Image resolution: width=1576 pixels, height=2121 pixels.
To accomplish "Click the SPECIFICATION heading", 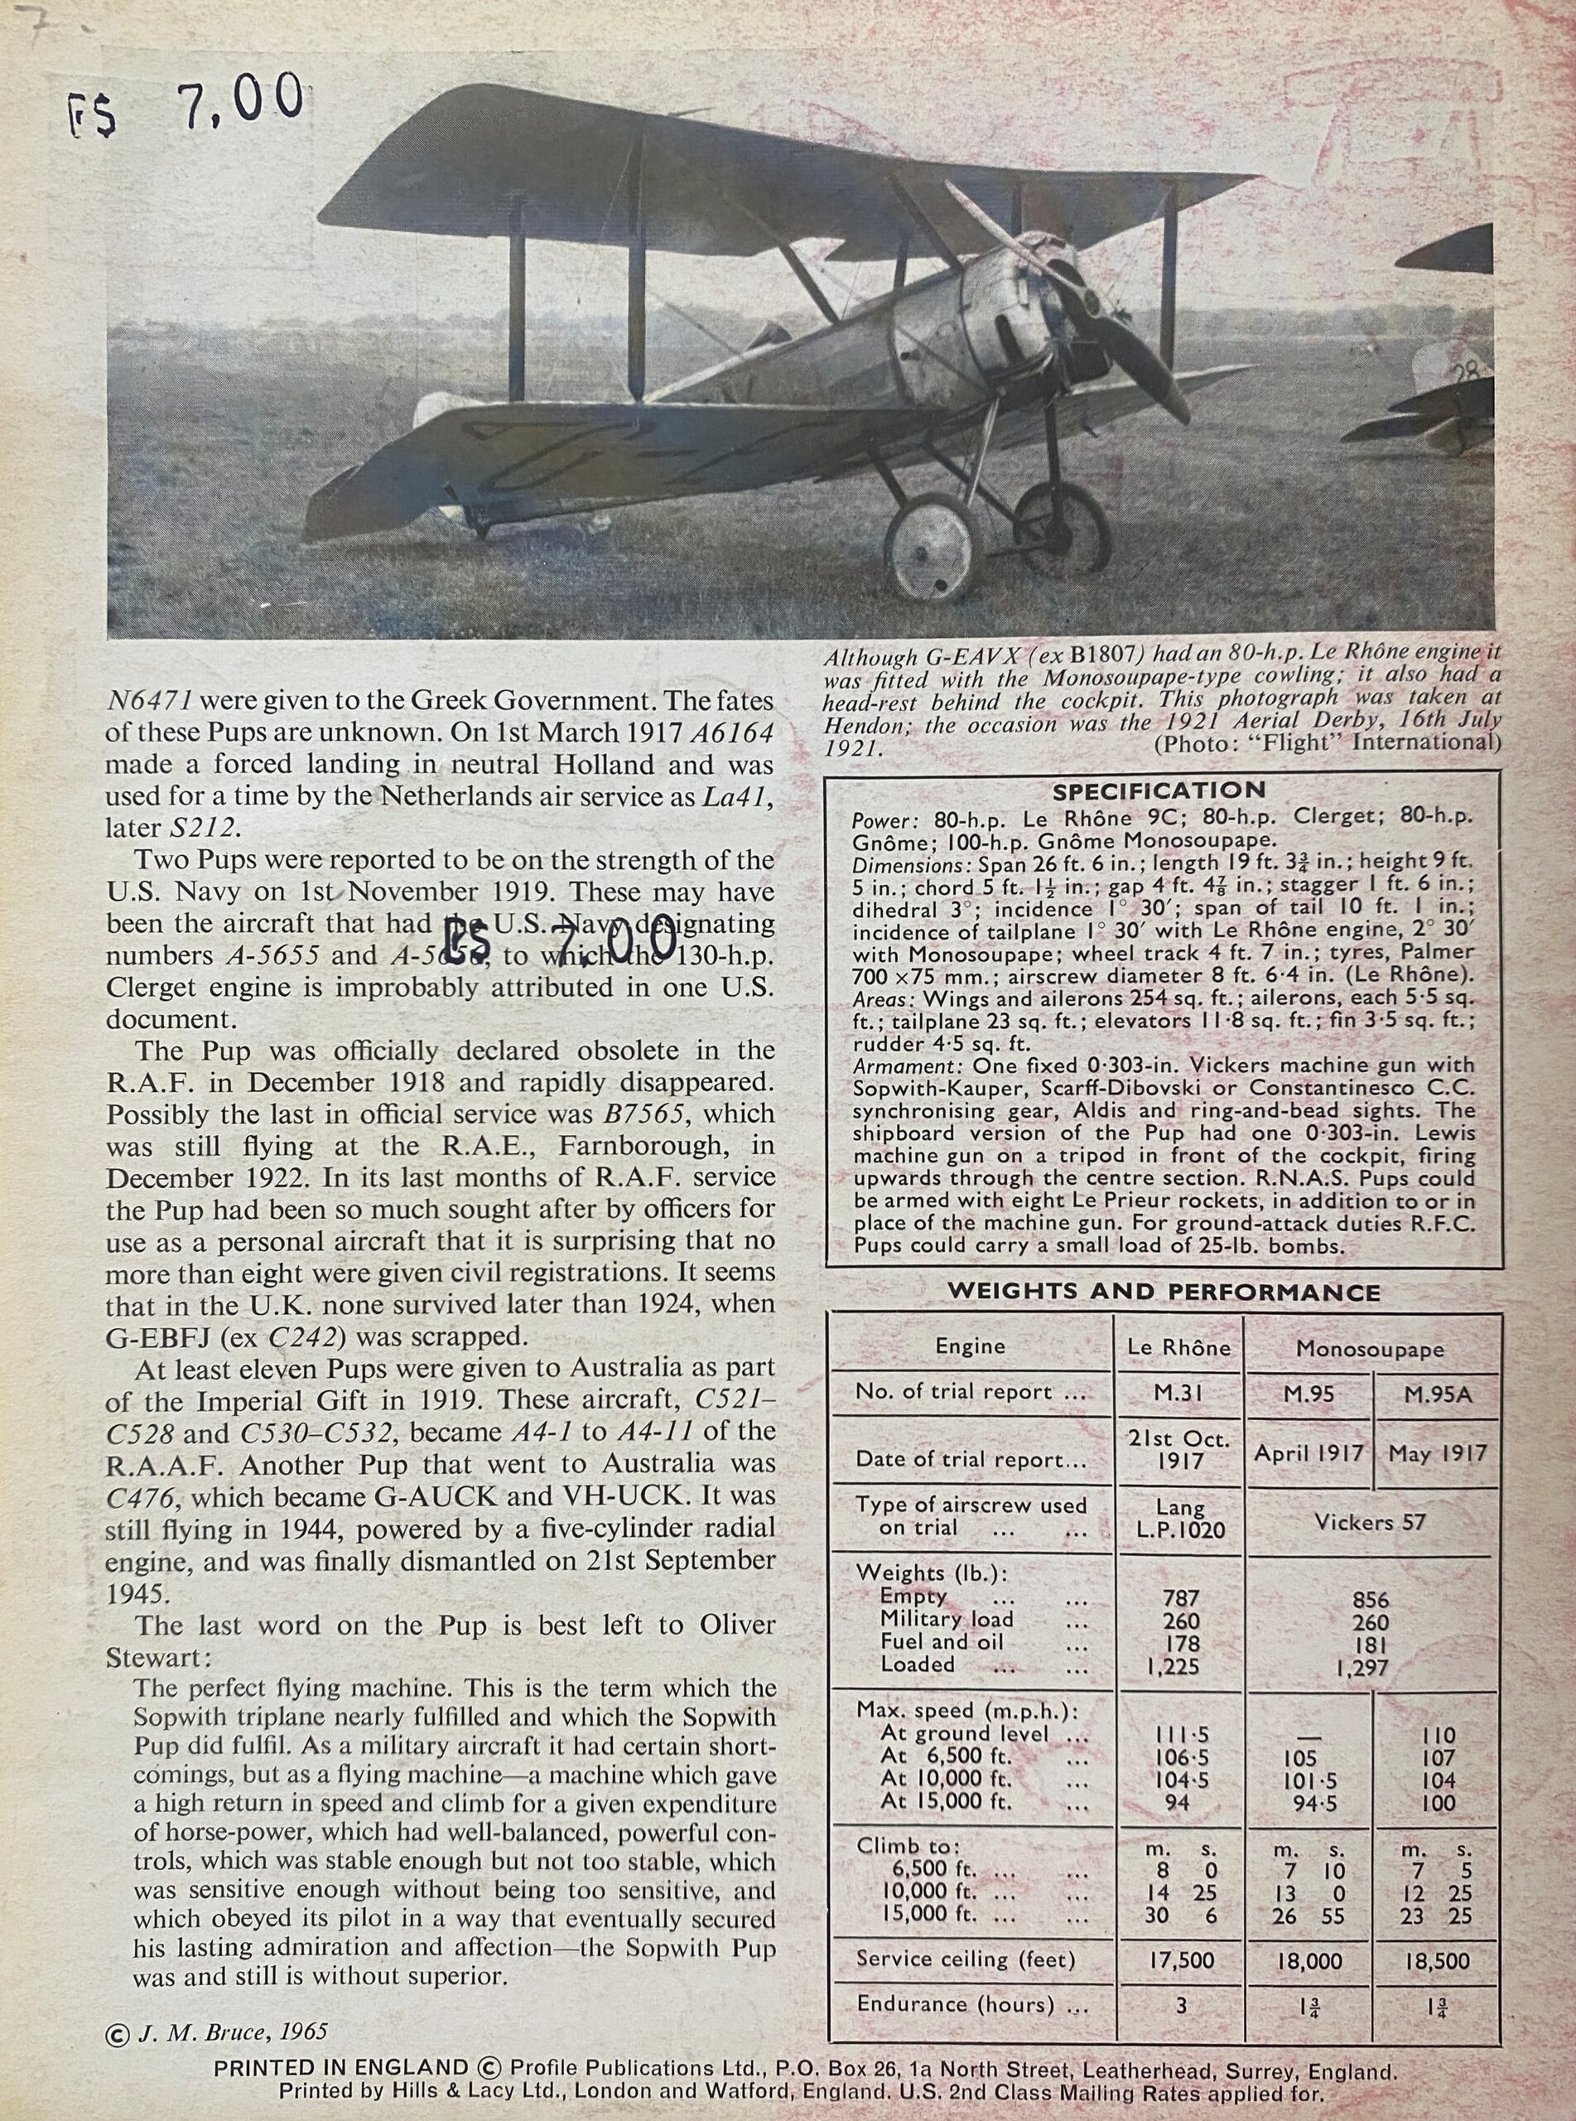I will [1158, 790].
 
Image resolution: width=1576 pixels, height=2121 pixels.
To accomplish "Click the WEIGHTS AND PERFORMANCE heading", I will [1163, 1292].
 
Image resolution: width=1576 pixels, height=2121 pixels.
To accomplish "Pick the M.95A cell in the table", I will [1437, 1395].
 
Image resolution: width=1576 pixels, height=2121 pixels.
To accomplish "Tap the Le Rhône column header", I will [1179, 1347].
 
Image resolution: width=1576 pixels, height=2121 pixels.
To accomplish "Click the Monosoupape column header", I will [1369, 1348].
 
